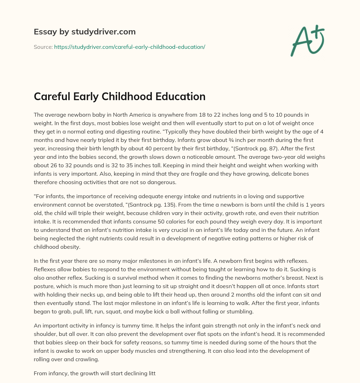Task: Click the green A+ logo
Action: pos(307,41)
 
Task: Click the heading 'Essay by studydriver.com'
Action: pos(84,32)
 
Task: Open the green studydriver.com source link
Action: pos(129,47)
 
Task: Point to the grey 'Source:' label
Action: pos(43,47)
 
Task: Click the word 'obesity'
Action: pos(69,247)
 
